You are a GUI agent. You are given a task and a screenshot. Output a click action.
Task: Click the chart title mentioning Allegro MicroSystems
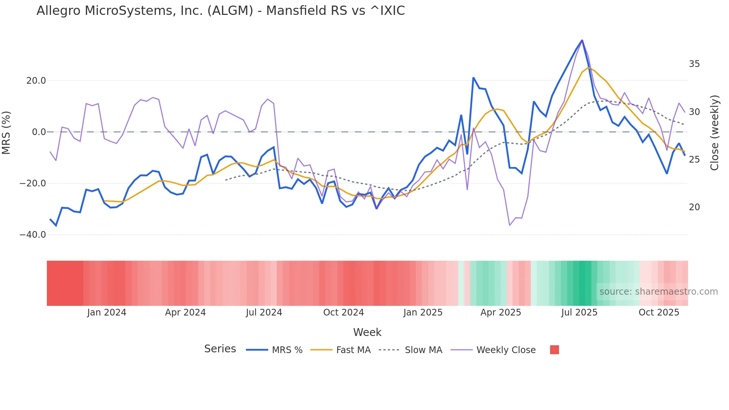(x=221, y=11)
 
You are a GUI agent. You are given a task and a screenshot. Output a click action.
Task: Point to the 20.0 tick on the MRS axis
(x=36, y=81)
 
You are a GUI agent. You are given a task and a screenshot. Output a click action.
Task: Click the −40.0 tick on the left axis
(x=33, y=235)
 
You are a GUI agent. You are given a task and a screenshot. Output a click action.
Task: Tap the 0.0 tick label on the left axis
(x=39, y=132)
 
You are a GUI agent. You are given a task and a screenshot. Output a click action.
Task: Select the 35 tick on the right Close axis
(x=694, y=64)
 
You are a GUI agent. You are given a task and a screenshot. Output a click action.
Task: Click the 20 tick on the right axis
(x=694, y=207)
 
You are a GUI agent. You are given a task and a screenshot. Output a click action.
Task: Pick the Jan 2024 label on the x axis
(x=107, y=313)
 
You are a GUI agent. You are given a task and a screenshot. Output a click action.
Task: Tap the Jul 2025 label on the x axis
(x=579, y=313)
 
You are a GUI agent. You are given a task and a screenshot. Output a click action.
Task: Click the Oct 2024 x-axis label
(x=343, y=313)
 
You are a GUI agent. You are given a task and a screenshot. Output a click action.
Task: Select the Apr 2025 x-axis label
(x=501, y=313)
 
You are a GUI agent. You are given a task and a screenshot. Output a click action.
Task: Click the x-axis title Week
(x=367, y=332)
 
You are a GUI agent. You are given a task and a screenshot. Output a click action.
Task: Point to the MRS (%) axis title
(x=6, y=132)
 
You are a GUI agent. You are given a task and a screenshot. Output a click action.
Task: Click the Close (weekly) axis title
(x=714, y=132)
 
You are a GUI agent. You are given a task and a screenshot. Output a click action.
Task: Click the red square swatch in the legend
(x=554, y=350)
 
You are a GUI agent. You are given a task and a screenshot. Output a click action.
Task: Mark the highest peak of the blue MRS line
(x=582, y=40)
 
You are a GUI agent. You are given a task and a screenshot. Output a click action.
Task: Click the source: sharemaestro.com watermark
(x=658, y=292)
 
